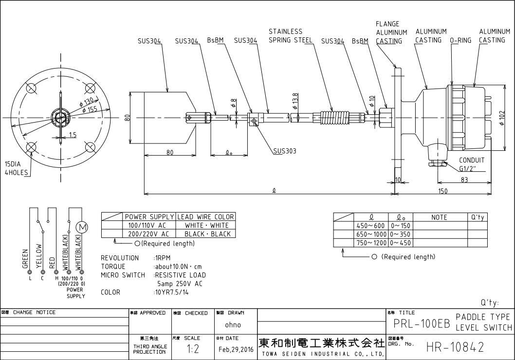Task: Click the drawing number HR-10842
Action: [455, 347]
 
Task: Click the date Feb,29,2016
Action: [236, 349]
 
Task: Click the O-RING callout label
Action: [460, 40]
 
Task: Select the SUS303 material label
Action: [284, 151]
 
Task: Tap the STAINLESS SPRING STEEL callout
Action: [291, 36]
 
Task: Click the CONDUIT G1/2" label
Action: [471, 164]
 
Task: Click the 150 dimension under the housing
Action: [442, 191]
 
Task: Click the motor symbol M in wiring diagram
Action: [82, 227]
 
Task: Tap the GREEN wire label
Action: [25, 259]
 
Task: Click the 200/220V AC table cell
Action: [147, 234]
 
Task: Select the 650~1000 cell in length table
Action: [370, 234]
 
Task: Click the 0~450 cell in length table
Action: [400, 243]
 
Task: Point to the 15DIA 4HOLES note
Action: [17, 168]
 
